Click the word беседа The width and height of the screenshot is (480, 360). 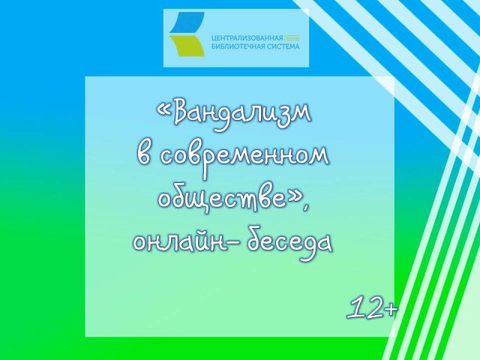(x=286, y=241)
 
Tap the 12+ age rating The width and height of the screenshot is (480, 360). (x=373, y=307)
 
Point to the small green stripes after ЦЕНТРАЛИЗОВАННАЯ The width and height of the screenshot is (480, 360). (x=294, y=37)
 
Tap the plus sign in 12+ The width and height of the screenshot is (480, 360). (x=390, y=307)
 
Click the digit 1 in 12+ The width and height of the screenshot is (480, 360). (x=355, y=307)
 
